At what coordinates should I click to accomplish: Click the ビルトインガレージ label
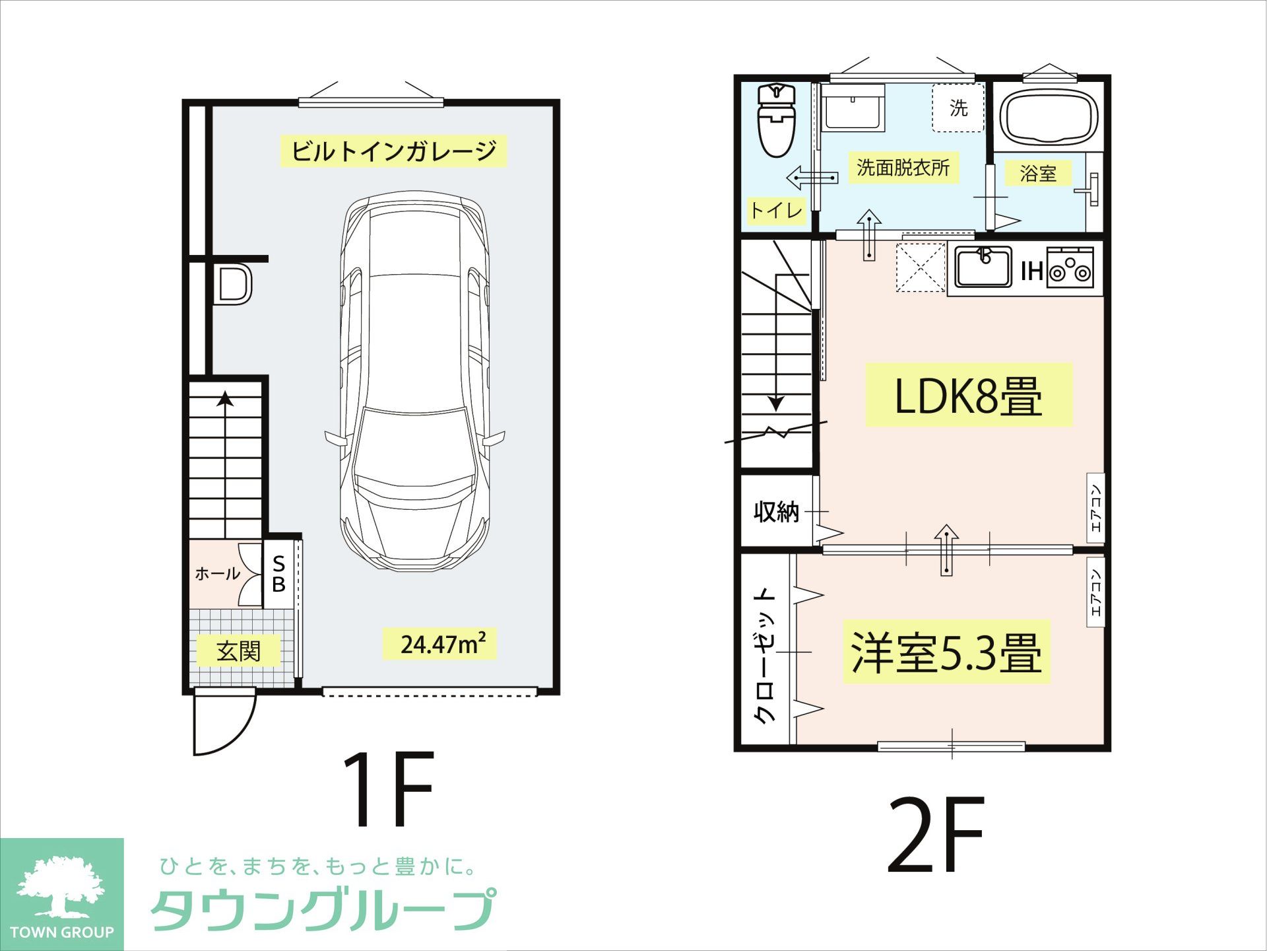tap(393, 151)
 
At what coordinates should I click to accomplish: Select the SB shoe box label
tap(279, 574)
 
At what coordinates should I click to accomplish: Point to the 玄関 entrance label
tap(238, 651)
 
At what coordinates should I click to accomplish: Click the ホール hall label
tap(217, 573)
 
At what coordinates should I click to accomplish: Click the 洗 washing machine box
tap(958, 108)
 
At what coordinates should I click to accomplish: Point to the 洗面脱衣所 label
tap(903, 168)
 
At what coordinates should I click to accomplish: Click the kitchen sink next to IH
tap(983, 266)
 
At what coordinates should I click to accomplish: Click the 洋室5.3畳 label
tap(946, 652)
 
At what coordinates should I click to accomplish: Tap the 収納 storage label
tap(776, 511)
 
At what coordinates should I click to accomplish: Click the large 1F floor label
tap(388, 789)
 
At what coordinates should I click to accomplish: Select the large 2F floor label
tap(936, 835)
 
